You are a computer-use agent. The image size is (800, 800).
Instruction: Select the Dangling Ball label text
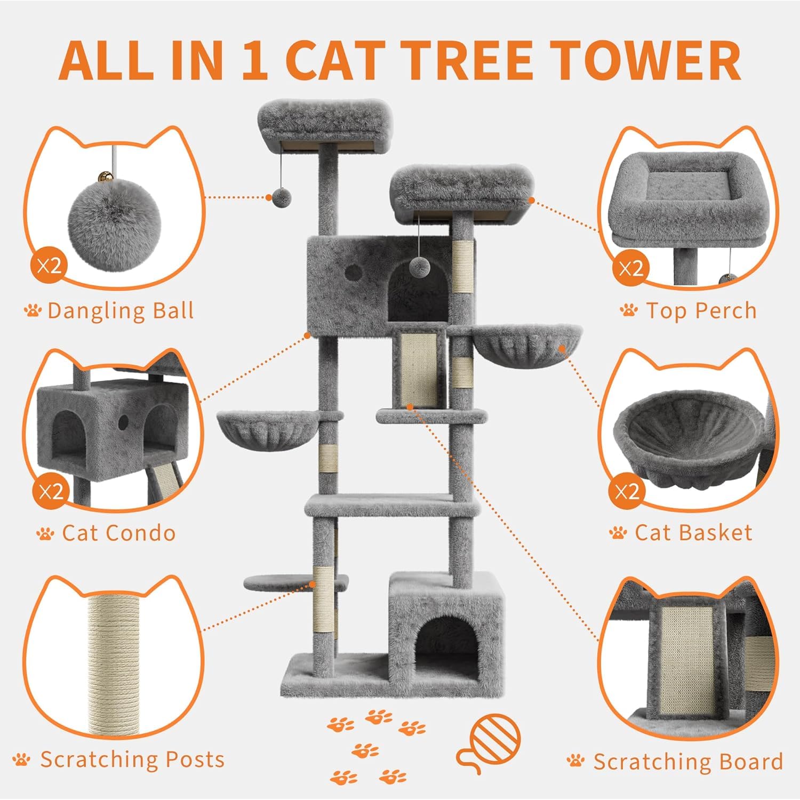pos(120,310)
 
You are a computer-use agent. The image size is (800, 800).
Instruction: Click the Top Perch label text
pos(701,310)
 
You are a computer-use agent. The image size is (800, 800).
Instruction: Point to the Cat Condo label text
pos(118,533)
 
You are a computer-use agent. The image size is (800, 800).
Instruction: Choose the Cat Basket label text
pos(693,533)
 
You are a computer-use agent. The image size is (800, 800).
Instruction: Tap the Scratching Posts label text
pos(132,759)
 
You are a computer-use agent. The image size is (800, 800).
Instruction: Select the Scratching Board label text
pos(688,762)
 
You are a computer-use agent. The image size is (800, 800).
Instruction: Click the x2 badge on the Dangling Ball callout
pos(50,266)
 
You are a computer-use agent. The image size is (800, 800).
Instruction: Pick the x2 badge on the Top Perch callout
pos(631,268)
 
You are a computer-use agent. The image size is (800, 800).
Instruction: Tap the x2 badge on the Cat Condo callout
pos(51,491)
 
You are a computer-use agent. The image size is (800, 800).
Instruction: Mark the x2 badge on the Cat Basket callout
pos(627,491)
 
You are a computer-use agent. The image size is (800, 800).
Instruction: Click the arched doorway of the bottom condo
pos(446,647)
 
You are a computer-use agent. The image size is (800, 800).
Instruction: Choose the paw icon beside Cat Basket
pos(618,533)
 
